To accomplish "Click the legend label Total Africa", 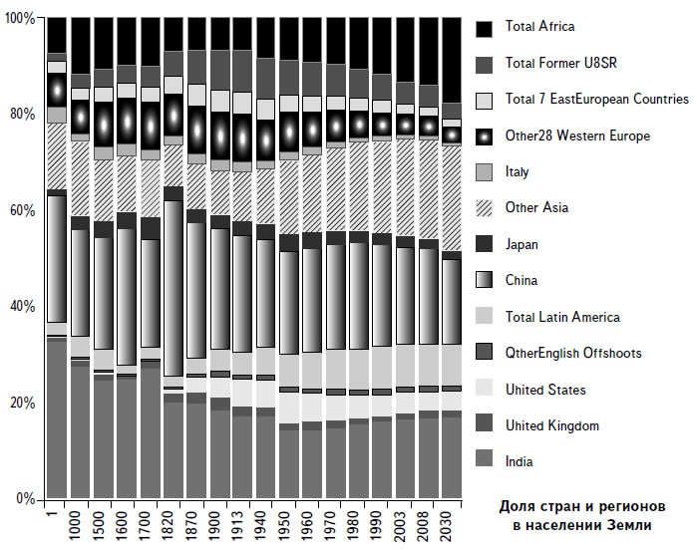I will (x=539, y=26).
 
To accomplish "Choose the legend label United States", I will (x=545, y=390).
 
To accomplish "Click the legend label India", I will (x=520, y=461).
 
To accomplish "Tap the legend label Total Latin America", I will (x=562, y=317).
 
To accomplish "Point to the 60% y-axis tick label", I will (x=21, y=211).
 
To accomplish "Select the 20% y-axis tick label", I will (x=21, y=403).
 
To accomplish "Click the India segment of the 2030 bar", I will (x=451, y=457).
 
